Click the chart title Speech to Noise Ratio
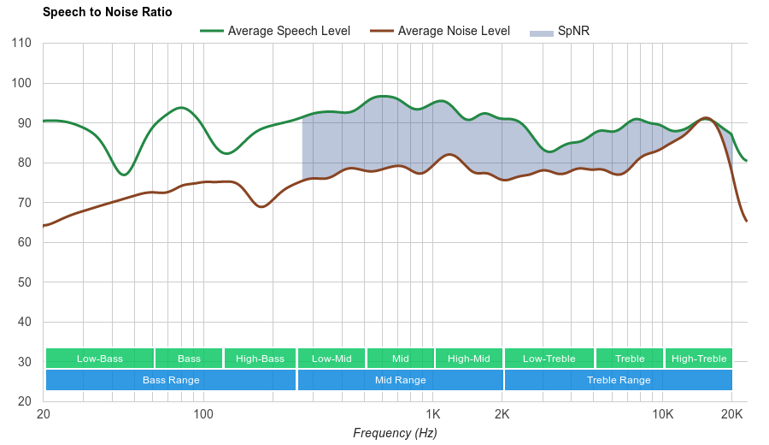click(107, 12)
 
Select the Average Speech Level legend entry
click(288, 31)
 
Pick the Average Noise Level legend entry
click(453, 31)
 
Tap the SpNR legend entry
click(572, 31)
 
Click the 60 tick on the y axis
click(23, 242)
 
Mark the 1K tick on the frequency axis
click(431, 414)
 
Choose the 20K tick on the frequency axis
click(731, 414)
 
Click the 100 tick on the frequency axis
click(203, 414)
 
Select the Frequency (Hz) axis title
click(395, 433)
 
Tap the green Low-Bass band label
click(100, 359)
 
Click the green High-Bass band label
click(260, 359)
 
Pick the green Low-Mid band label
click(332, 359)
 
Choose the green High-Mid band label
click(469, 359)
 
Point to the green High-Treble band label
click(699, 359)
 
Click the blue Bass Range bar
click(171, 380)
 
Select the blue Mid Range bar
click(400, 380)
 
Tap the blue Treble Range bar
click(619, 380)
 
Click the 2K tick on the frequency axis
click(502, 414)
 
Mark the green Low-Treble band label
click(549, 359)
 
